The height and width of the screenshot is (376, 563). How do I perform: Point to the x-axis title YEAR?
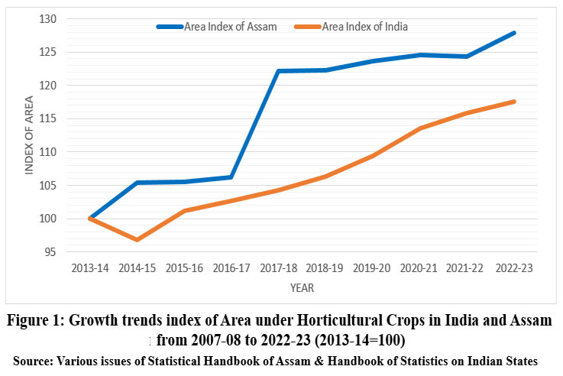coord(302,288)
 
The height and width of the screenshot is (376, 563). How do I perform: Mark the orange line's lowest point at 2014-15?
coord(138,240)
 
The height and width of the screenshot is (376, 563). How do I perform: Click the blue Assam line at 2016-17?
coord(230,177)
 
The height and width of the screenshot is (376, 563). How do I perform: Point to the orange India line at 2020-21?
coord(420,128)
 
